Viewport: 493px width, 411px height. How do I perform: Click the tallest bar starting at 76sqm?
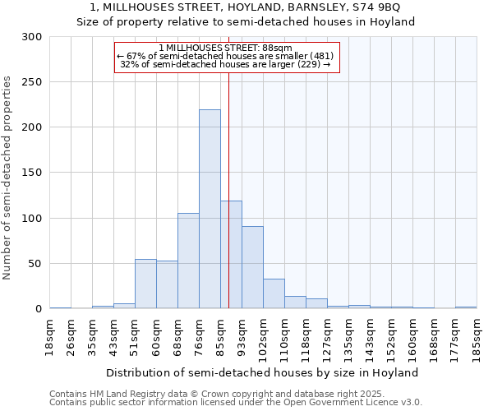pos(210,210)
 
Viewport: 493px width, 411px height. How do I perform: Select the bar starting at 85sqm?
pos(231,255)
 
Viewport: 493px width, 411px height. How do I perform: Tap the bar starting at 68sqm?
pos(188,261)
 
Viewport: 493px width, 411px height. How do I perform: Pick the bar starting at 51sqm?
pos(145,284)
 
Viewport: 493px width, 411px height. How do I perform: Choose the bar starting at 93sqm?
pos(252,267)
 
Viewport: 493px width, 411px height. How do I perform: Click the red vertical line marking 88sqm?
pos(228,189)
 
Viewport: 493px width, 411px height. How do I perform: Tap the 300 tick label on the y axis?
pos(32,37)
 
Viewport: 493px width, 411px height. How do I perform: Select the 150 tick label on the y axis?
pos(32,173)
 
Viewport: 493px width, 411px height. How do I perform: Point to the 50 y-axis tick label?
pos(35,264)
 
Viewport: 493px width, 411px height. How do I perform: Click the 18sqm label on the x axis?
pos(49,336)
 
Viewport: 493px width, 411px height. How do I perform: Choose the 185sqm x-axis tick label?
pos(477,336)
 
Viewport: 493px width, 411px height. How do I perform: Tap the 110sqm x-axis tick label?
pos(284,336)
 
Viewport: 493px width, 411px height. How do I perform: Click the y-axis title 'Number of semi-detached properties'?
pos(8,178)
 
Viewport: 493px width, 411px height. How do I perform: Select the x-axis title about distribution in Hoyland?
pos(262,372)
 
